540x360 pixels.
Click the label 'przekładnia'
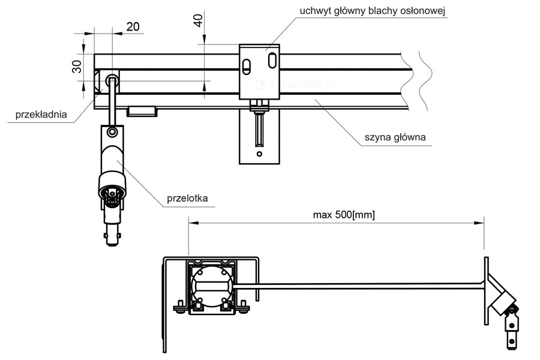41,115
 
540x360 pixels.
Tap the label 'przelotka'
191,199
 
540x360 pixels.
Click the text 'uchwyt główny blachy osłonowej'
372,11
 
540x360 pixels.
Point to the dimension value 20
132,26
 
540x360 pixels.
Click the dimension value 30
77,66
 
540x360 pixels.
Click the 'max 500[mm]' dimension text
344,214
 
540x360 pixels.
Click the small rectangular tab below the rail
142,110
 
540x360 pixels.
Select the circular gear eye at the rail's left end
112,81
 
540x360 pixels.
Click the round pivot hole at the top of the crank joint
112,131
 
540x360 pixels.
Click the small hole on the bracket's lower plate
259,154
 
